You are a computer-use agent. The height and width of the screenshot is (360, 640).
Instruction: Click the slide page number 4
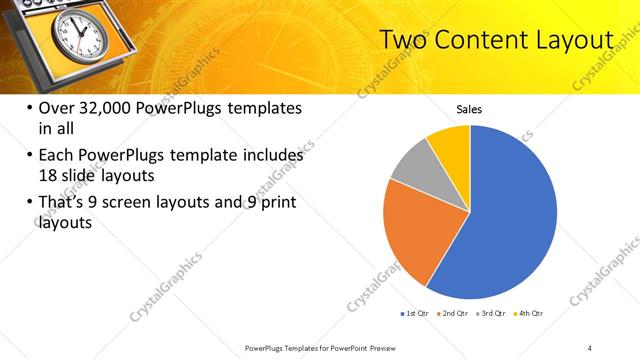click(589, 346)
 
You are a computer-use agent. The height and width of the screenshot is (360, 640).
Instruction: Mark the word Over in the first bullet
click(55, 108)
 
